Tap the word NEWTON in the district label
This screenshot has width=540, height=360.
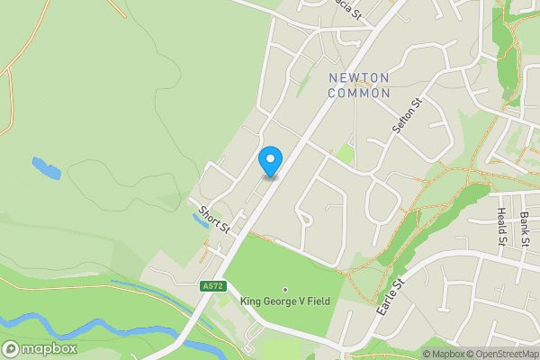coord(359,77)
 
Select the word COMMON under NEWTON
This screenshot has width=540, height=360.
coord(359,93)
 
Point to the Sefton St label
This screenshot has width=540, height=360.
coord(407,117)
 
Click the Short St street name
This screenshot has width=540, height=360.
coord(215,220)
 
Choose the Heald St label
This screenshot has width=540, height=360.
coord(501,226)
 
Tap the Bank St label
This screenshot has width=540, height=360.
coord(525,229)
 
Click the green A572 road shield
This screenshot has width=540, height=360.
coord(212,285)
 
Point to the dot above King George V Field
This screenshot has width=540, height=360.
coord(286,290)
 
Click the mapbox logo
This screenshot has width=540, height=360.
coord(40,348)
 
